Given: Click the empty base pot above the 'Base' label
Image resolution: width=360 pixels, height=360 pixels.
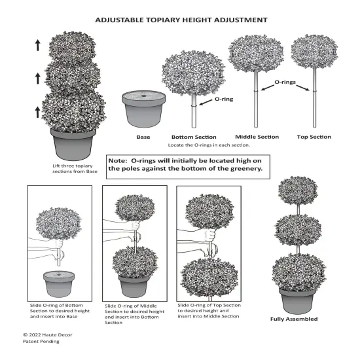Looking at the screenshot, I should [x=142, y=110].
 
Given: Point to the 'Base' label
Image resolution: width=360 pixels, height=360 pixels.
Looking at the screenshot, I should [x=143, y=137].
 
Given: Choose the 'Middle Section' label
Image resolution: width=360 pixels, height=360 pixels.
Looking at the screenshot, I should [x=256, y=137].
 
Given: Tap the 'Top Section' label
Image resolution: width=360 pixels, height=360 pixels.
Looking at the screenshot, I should [x=314, y=137].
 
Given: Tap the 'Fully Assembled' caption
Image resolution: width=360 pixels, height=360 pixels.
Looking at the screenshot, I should [x=294, y=319].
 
